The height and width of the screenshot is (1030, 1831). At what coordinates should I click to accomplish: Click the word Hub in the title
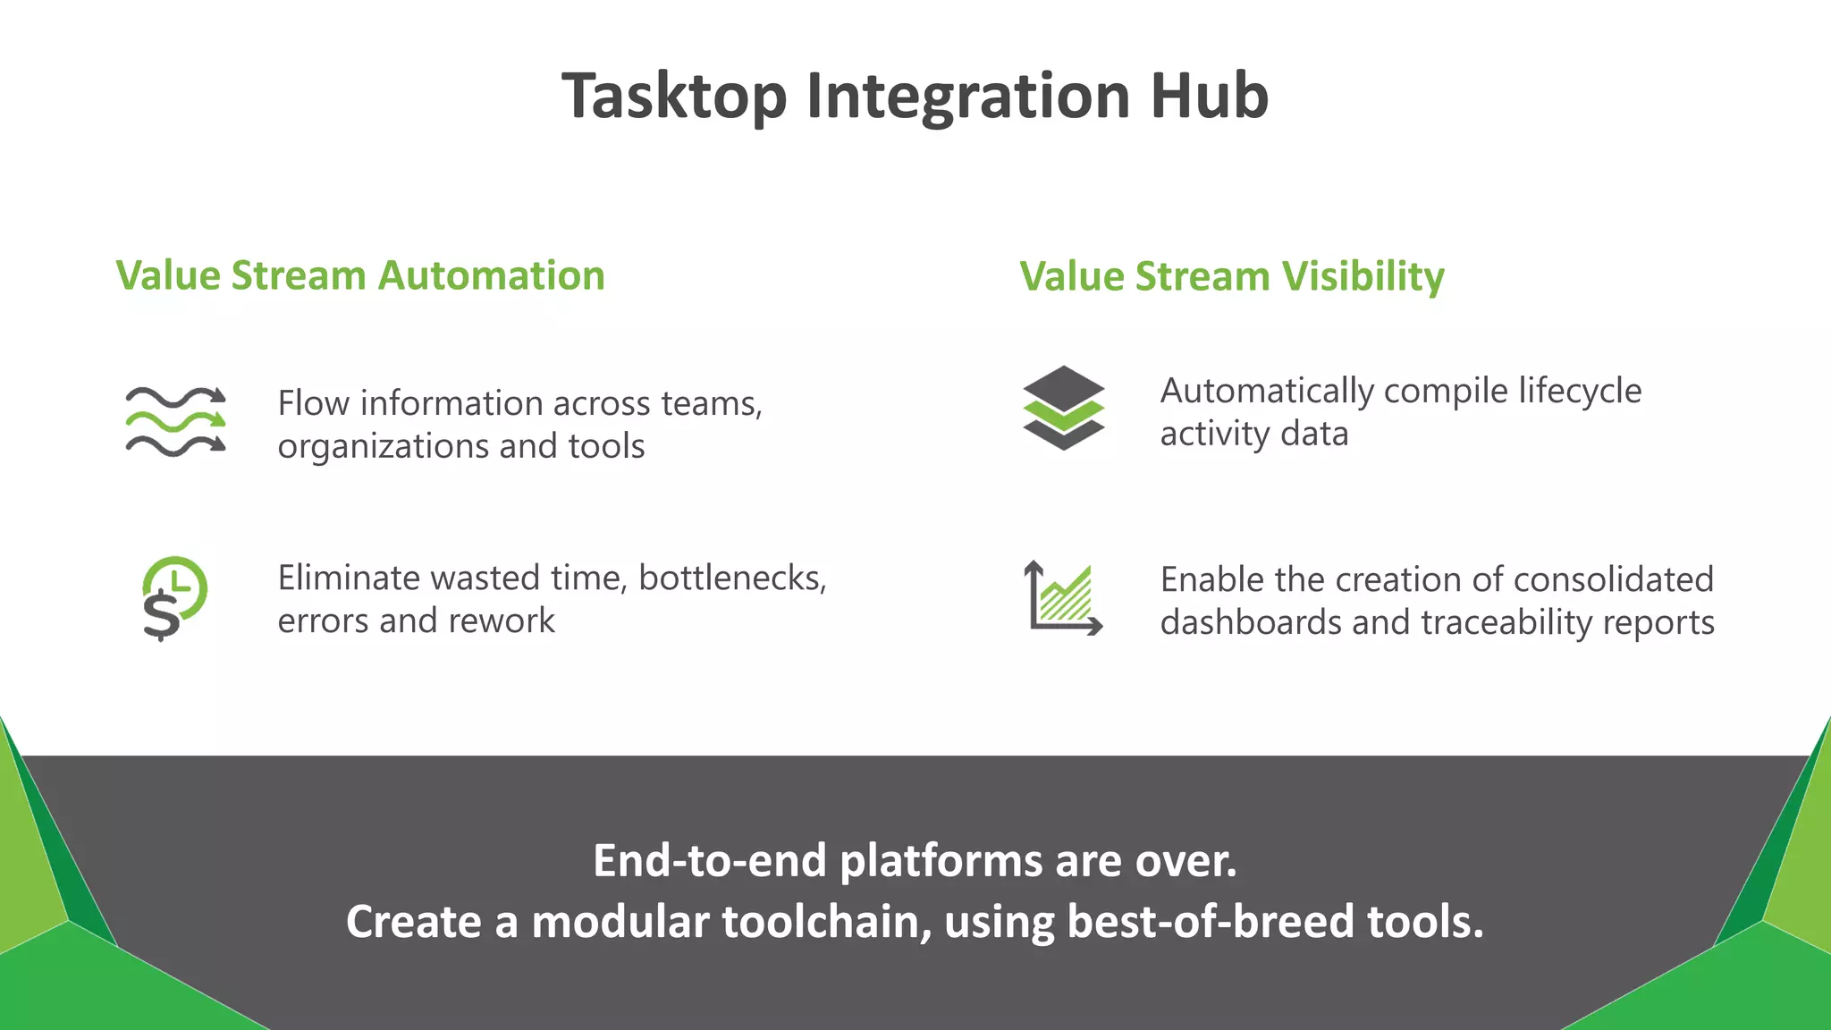(1209, 96)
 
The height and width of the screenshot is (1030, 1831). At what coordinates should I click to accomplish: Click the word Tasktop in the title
(674, 96)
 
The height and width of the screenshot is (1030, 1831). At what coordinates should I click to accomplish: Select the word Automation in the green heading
(491, 275)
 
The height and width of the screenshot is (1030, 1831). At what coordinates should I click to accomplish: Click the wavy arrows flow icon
(175, 420)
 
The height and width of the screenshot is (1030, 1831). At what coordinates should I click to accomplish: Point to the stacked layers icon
(1063, 408)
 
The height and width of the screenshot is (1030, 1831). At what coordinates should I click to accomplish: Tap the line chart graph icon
(1063, 598)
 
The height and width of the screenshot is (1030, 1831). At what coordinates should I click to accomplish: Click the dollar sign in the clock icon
(161, 615)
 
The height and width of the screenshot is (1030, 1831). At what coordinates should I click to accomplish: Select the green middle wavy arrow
(175, 420)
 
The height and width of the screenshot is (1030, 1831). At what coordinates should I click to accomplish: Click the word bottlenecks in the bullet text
(732, 578)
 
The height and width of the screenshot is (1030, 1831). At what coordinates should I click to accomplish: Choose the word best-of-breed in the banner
(1211, 921)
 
